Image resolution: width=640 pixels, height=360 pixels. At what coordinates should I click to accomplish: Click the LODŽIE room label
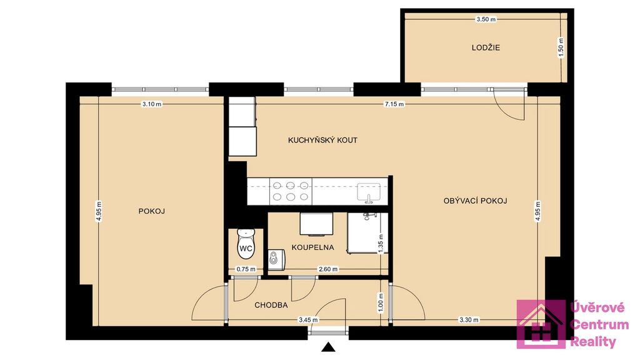(486, 47)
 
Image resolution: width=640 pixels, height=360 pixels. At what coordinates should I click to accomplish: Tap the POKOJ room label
(151, 211)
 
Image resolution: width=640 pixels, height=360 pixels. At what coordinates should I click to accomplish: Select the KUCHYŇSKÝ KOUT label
(322, 140)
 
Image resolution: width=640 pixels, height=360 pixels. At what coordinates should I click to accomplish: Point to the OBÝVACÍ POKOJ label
(475, 201)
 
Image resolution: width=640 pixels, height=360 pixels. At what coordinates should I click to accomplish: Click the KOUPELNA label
(312, 247)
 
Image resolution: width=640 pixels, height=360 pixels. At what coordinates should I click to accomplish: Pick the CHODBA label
(271, 305)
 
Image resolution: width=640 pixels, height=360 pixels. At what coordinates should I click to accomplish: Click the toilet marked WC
(246, 244)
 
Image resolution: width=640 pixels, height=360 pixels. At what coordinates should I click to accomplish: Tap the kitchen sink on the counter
(369, 192)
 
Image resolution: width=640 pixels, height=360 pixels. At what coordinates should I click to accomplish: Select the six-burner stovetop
(291, 191)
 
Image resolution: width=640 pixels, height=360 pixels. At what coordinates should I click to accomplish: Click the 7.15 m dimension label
(394, 104)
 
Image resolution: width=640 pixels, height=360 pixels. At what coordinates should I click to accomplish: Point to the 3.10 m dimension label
(151, 104)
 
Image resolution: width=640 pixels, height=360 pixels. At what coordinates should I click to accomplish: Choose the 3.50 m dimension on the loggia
(486, 19)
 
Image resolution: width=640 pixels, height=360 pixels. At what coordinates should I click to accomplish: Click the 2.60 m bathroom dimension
(327, 269)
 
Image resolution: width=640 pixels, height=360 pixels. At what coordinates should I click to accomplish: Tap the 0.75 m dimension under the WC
(246, 269)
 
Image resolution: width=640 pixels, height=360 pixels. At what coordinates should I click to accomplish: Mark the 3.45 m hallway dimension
(308, 320)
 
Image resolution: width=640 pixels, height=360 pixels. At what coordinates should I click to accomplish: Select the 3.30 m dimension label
(469, 320)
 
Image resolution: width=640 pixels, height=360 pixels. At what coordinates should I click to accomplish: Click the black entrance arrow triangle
(328, 347)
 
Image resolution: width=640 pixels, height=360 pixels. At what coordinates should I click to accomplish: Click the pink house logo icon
(541, 324)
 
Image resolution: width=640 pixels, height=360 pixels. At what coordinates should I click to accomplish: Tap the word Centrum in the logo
(599, 325)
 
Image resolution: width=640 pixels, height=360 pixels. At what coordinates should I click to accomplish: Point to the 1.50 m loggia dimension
(561, 47)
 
